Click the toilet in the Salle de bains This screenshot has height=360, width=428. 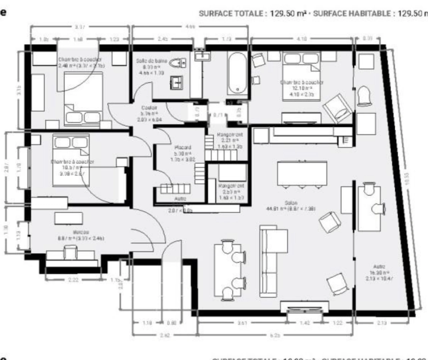[177, 63]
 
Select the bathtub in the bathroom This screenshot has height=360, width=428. [237, 73]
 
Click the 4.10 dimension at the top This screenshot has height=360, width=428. [302, 39]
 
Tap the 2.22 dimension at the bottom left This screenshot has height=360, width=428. [73, 280]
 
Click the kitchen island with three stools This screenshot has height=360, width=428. [302, 173]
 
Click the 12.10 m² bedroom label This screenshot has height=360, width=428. [302, 88]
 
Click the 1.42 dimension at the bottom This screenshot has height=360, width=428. [305, 323]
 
